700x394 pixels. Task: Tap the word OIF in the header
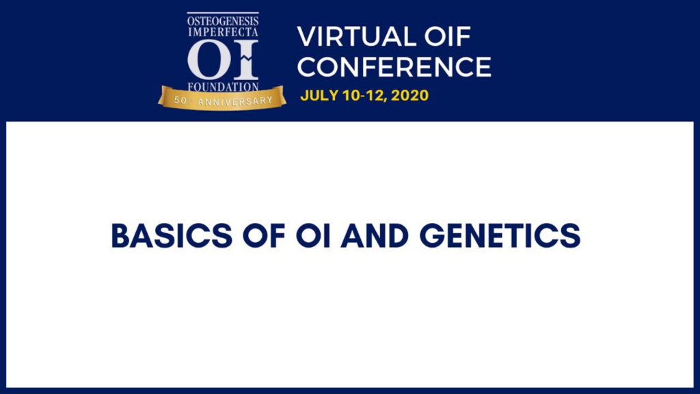(x=447, y=37)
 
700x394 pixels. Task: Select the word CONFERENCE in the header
(x=394, y=66)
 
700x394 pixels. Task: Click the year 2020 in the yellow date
(x=410, y=95)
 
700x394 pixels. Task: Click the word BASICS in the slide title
(x=172, y=235)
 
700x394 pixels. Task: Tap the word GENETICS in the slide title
(x=500, y=235)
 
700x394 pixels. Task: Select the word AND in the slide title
(x=375, y=235)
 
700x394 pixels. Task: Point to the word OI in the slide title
(x=313, y=235)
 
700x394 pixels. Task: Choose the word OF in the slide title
(x=264, y=235)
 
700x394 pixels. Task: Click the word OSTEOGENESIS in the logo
(x=223, y=21)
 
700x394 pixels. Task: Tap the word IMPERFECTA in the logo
(x=223, y=31)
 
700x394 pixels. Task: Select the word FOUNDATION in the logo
(x=223, y=87)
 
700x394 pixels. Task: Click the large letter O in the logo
(x=206, y=60)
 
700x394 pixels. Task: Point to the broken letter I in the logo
(x=246, y=60)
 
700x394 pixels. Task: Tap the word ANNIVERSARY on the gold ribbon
(x=235, y=101)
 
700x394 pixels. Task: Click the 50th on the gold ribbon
(x=183, y=101)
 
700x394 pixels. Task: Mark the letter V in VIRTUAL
(x=307, y=37)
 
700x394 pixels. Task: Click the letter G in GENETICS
(x=432, y=235)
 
